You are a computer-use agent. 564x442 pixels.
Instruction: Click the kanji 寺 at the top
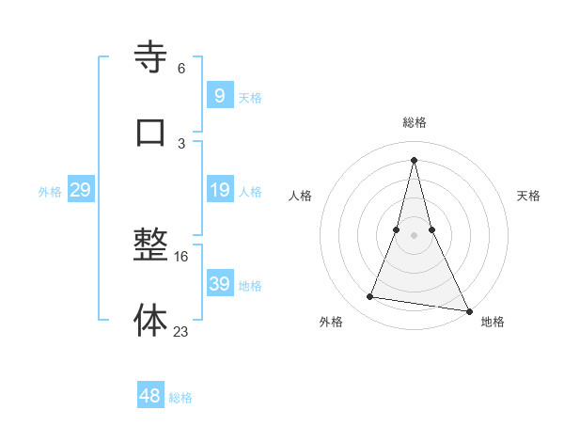pos(150,58)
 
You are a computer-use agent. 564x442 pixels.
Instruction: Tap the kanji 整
pos(150,246)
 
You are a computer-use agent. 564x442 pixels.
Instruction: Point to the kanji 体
pos(150,320)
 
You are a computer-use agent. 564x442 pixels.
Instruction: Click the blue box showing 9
pos(219,95)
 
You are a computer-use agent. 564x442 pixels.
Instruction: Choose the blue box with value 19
pos(219,191)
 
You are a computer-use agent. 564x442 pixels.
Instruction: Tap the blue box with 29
pos(80,191)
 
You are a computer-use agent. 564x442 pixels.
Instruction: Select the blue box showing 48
pos(150,396)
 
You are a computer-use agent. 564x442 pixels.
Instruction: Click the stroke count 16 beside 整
pos(182,256)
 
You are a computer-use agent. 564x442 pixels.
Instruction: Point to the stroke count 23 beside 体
pos(181,330)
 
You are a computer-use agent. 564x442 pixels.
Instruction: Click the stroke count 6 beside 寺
pos(181,69)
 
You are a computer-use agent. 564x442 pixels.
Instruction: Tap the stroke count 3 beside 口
pos(181,143)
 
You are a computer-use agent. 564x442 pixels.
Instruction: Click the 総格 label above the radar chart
pos(415,122)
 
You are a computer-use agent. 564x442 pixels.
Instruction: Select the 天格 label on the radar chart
pos(528,196)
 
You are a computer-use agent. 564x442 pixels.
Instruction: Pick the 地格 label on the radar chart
pos(493,322)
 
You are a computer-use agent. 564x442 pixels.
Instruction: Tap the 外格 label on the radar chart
pos(331,322)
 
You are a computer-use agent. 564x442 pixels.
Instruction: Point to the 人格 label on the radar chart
pos(300,196)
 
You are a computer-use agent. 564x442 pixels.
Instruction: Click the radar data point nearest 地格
pos(467,310)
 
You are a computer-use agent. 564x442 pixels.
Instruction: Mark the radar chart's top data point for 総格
pos(415,159)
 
